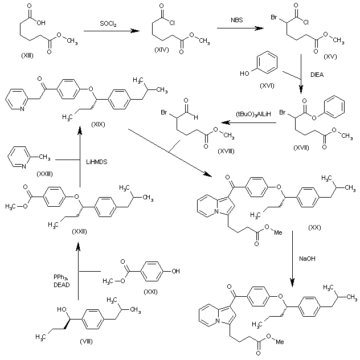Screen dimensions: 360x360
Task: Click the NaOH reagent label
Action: click(x=308, y=258)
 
